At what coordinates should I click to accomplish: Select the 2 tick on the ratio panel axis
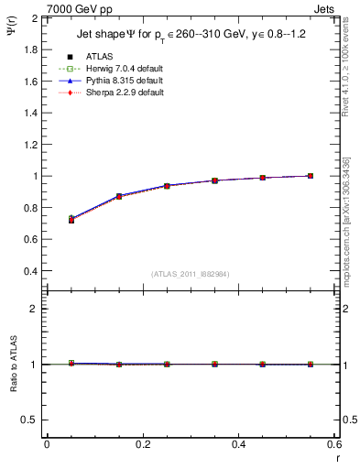click(35, 309)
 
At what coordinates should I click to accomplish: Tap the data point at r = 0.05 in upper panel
click(71, 220)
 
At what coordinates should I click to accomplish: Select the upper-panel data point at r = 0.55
click(311, 176)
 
